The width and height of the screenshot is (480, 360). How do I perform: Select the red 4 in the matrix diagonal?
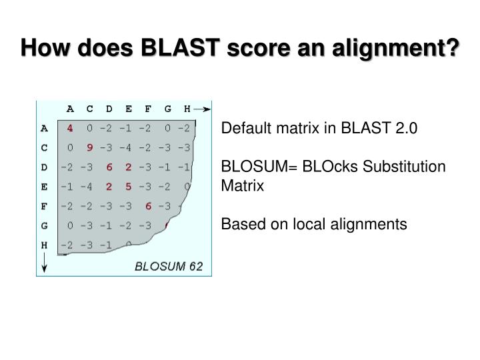click(x=70, y=128)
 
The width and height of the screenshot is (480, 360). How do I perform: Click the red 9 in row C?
click(x=89, y=147)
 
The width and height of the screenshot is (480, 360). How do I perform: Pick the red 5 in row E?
click(x=128, y=187)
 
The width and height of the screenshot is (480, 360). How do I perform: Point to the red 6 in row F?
click(x=148, y=206)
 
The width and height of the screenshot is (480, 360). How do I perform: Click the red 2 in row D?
click(x=128, y=167)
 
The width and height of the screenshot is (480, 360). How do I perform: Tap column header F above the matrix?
click(x=148, y=109)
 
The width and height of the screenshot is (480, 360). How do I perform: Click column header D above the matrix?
click(x=109, y=109)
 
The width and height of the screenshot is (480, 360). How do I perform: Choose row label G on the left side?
click(x=45, y=225)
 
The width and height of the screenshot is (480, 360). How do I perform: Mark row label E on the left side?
click(x=45, y=187)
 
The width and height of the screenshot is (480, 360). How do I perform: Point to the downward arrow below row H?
click(x=45, y=265)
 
